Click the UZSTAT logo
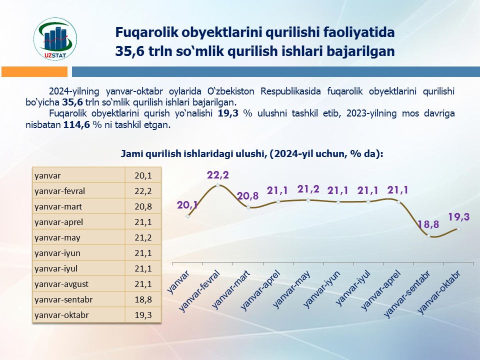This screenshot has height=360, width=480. [55, 37]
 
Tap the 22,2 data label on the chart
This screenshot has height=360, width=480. [218, 175]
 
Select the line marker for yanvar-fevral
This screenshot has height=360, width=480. [218, 185]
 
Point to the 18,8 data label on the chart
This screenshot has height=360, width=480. [428, 225]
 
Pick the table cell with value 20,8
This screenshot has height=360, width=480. [143, 206]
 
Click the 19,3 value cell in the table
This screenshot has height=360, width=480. [143, 315]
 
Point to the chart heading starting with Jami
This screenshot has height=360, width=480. [252, 154]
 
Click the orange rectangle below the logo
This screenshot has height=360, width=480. [34, 72]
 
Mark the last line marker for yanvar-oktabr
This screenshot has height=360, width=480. [458, 229]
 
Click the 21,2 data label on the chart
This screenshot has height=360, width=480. [308, 189]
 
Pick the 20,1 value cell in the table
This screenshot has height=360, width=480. [143, 175]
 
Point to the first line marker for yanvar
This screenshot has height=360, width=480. [187, 216]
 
